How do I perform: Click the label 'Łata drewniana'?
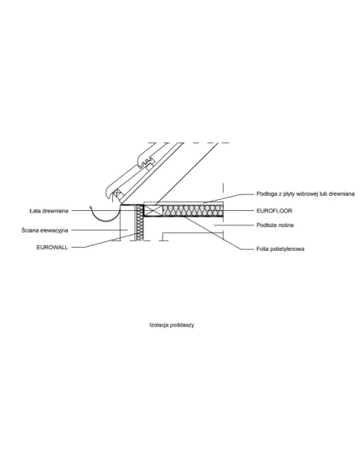[49, 211]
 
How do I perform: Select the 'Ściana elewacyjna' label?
[45, 230]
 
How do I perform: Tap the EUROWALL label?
[53, 248]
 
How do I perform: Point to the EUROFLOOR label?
[274, 211]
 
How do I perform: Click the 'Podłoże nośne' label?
[276, 225]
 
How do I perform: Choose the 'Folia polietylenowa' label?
[280, 248]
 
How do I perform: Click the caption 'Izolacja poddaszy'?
[172, 325]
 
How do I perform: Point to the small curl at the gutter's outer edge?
[91, 207]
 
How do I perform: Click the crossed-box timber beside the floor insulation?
[153, 210]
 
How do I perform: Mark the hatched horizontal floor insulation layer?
[193, 210]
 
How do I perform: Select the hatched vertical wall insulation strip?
[139, 222]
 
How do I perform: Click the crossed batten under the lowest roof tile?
[117, 194]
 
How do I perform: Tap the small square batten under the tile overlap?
[150, 167]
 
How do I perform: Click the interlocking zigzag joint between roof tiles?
[147, 162]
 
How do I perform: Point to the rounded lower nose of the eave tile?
[109, 194]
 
